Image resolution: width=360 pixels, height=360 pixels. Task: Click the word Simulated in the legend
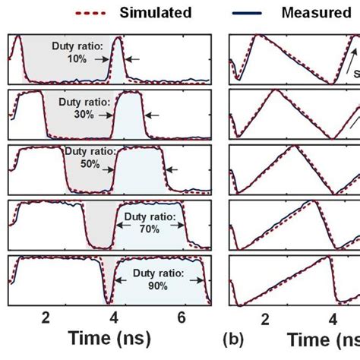pos(156,12)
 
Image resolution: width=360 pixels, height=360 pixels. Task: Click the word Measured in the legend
pos(312,12)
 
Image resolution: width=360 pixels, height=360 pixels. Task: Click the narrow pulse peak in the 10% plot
pos(119,42)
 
